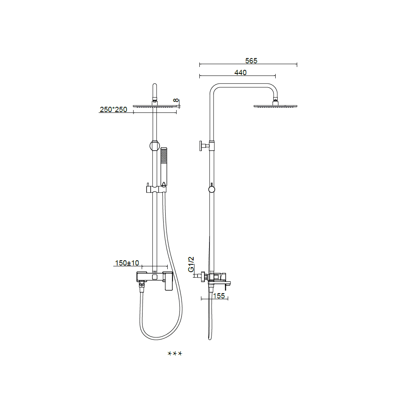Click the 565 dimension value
(251, 60)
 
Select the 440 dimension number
(240, 73)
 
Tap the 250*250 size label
(113, 110)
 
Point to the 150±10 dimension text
(127, 263)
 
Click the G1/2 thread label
(191, 264)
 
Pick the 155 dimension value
(219, 296)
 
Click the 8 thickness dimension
(176, 100)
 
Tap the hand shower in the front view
(164, 167)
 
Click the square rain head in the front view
(155, 106)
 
